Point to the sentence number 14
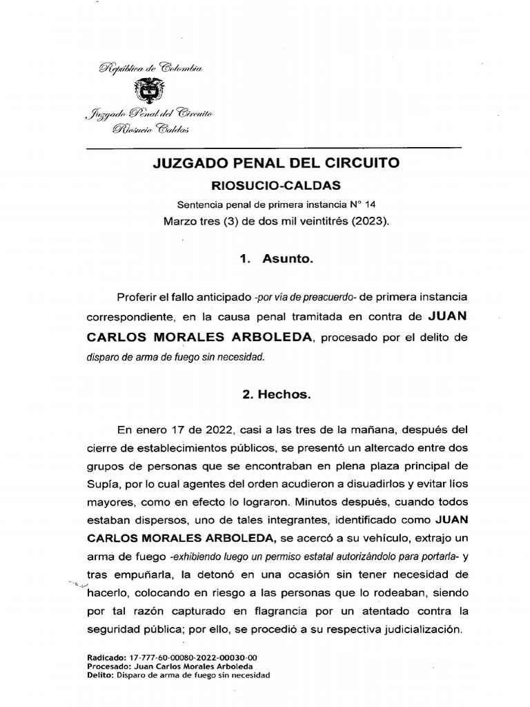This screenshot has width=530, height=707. click(371, 205)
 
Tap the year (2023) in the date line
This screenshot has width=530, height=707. click(368, 222)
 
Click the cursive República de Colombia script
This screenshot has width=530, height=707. click(150, 68)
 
